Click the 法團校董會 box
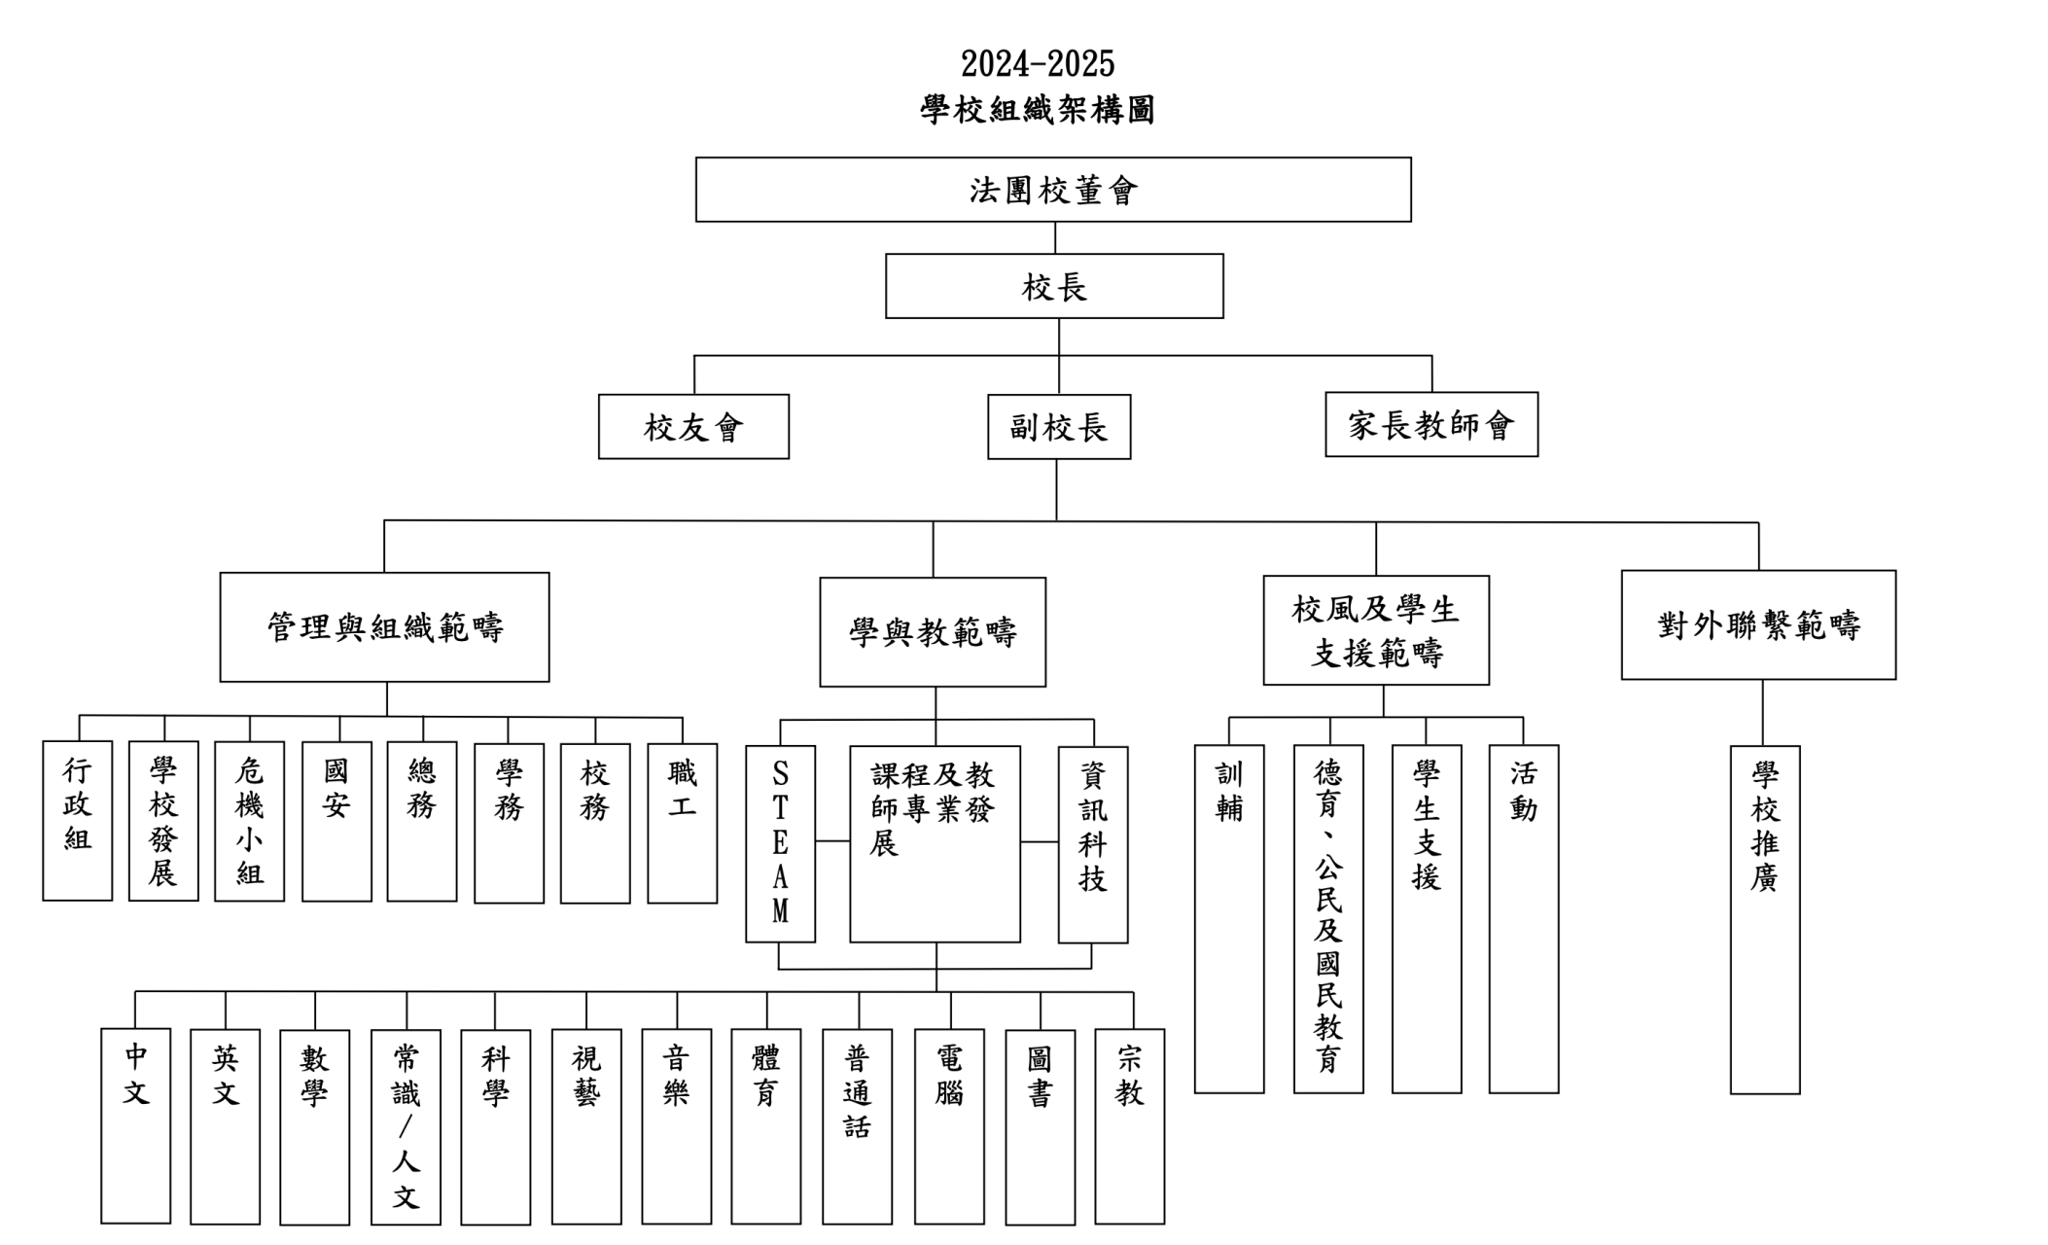(1053, 190)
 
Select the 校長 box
(1054, 286)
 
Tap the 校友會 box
(693, 426)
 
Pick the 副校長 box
(1059, 427)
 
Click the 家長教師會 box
(1431, 424)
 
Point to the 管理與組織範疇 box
(384, 627)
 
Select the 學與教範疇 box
(933, 632)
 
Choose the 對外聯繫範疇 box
(1758, 624)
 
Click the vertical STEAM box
(780, 844)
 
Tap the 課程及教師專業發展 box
(935, 844)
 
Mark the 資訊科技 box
(1093, 845)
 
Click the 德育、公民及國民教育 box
(1328, 919)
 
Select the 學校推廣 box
(1765, 920)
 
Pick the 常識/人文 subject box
(406, 1127)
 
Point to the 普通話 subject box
(857, 1126)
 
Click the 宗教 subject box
(1129, 1126)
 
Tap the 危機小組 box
(249, 822)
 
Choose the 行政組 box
(77, 821)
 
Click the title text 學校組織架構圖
(1038, 110)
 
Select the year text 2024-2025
(1038, 64)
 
